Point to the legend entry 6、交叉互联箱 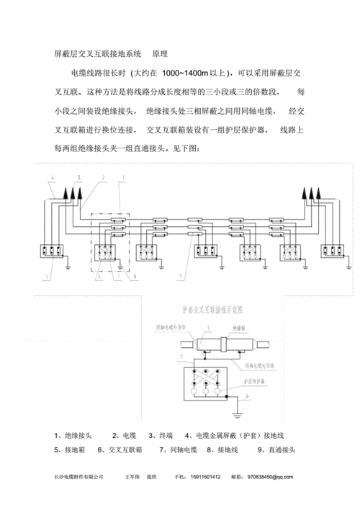[122, 450]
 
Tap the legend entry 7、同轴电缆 [178, 450]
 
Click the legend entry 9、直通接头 [276, 450]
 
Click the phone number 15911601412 [204, 477]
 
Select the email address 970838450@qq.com [269, 477]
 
